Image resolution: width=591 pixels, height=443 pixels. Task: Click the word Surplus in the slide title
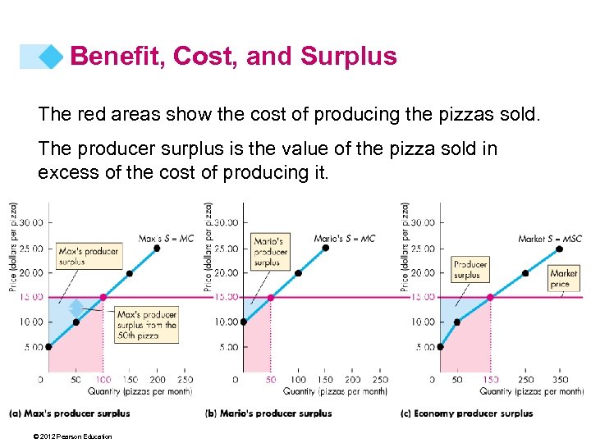(349, 56)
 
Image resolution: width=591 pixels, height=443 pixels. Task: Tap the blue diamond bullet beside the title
(52, 57)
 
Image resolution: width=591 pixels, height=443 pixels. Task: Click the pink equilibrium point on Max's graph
(103, 297)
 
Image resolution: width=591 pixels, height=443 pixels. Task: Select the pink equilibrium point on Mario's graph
(271, 297)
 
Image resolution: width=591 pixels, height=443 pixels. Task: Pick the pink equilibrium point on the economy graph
(490, 297)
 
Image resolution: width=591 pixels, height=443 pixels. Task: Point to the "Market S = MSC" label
(550, 239)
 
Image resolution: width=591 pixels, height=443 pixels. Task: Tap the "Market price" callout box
(564, 278)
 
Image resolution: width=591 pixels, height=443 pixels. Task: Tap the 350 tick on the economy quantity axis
(561, 380)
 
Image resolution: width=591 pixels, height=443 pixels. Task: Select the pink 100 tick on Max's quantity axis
(102, 380)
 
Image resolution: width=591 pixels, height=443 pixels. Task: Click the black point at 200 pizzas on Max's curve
(157, 248)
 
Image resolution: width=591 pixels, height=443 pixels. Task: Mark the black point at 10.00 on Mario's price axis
(243, 322)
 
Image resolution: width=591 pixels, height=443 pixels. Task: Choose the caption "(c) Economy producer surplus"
(466, 413)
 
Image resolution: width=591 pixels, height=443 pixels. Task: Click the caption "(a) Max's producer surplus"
(70, 413)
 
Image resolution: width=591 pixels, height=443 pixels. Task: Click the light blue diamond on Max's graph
(76, 308)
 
